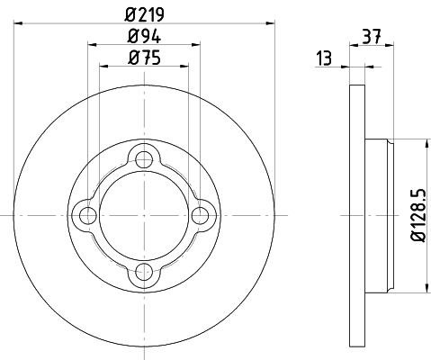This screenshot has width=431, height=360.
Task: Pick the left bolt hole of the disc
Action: tap(88, 215)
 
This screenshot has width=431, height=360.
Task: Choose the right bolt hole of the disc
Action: tap(200, 215)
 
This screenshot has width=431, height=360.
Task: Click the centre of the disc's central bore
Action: tap(144, 215)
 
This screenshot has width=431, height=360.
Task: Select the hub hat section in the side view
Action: tap(378, 215)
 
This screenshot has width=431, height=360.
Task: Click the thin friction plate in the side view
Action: tap(356, 215)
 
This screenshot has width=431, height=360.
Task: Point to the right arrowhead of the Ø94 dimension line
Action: tap(197, 43)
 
